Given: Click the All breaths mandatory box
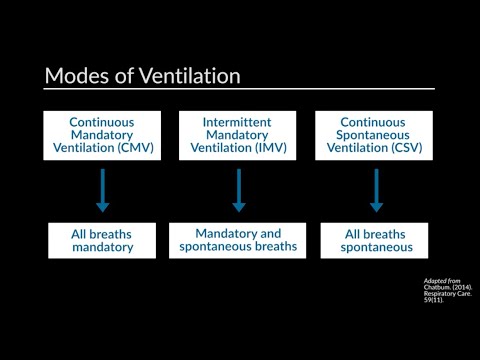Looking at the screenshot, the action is (x=102, y=241).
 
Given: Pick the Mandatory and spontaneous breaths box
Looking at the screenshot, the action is (x=239, y=240).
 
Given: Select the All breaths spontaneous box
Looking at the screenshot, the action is (x=376, y=241).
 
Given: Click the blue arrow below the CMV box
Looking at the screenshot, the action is (x=102, y=190).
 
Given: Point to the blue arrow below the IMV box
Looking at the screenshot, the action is (x=239, y=190).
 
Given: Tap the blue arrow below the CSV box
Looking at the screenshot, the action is (x=376, y=190).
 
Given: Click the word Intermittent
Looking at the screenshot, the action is (x=239, y=122).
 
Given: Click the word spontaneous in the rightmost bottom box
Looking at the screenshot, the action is (x=376, y=249).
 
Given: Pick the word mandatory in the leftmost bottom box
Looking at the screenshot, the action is (x=102, y=249).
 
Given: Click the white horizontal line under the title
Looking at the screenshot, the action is (x=240, y=90).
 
